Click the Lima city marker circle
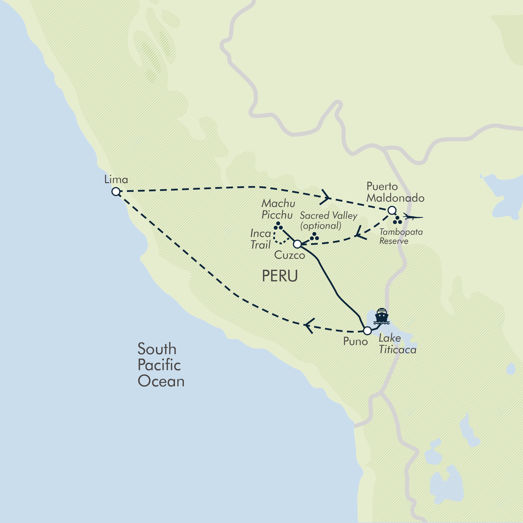[116, 192]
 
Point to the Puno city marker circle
[367, 330]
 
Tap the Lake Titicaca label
[397, 344]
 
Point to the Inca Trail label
[260, 239]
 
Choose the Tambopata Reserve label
[401, 236]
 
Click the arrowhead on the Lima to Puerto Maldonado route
[326, 197]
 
